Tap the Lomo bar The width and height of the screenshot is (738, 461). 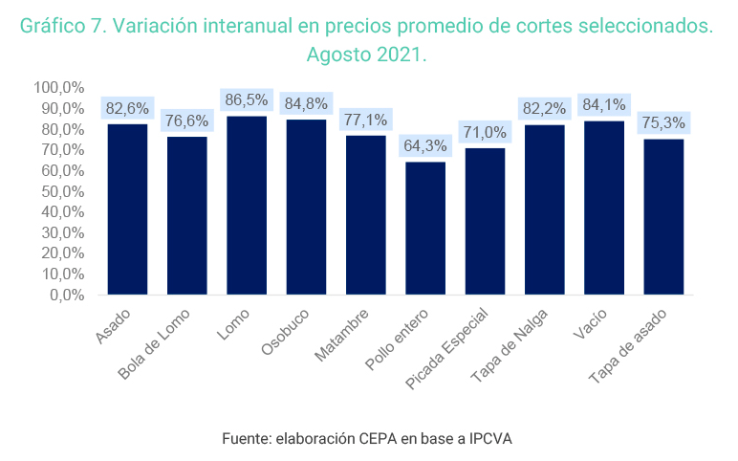(247, 205)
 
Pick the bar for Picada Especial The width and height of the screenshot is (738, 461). (485, 221)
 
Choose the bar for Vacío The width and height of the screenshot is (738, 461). (604, 208)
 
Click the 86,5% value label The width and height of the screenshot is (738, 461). (247, 99)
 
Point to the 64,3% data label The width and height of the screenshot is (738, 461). (425, 145)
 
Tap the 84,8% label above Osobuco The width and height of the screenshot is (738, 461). (306, 103)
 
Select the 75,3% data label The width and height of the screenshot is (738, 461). (664, 122)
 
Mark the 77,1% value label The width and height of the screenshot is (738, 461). (366, 120)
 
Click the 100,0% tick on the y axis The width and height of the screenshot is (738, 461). (59, 88)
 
